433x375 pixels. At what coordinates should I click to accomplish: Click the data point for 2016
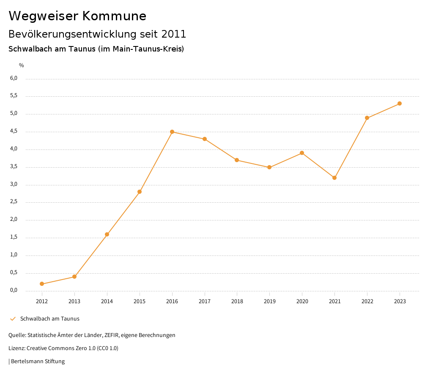[x=172, y=132]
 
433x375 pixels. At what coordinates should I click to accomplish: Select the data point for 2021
[x=334, y=178]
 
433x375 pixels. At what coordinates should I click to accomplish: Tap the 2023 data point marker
[x=400, y=103]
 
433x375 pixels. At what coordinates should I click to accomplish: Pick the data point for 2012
[x=42, y=284]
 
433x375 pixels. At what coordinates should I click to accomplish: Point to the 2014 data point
[x=107, y=234]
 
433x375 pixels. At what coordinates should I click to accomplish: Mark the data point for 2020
[x=302, y=153]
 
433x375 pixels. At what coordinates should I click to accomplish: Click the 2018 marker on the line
[x=237, y=160]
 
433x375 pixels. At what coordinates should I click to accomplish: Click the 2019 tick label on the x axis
[x=269, y=301]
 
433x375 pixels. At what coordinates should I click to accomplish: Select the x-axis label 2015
[x=140, y=301]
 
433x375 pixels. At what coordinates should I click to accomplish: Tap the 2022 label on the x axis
[x=367, y=301]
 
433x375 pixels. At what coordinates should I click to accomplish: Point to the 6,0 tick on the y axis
[x=14, y=78]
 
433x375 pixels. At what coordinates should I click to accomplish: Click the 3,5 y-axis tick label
[x=14, y=166]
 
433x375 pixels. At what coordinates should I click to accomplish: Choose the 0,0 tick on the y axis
[x=14, y=290]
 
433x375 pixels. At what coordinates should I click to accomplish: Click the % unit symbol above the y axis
[x=22, y=65]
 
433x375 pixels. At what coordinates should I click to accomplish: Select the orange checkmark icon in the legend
[x=13, y=319]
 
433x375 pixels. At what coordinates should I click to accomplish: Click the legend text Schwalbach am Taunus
[x=50, y=319]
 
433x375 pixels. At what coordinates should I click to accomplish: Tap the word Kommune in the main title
[x=115, y=16]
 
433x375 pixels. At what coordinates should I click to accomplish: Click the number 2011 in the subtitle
[x=174, y=34]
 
